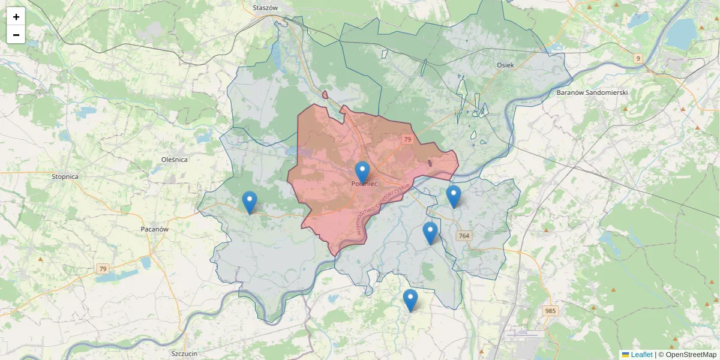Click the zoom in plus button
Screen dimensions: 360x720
(16, 17)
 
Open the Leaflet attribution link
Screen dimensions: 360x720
(641, 355)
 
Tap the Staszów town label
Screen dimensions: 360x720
(266, 8)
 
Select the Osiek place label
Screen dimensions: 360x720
(505, 65)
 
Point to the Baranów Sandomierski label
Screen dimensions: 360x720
(592, 92)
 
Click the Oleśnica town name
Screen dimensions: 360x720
(175, 160)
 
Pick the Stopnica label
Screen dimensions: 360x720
(65, 177)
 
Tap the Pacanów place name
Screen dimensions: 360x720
(154, 229)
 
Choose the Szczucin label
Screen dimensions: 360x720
(184, 353)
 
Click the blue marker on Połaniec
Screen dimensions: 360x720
(362, 173)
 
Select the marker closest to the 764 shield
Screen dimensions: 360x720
(430, 233)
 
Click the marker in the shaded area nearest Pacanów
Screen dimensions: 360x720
(249, 203)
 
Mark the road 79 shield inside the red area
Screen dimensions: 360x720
(407, 139)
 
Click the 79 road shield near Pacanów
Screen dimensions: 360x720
(103, 269)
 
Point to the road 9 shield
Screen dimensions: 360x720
(638, 58)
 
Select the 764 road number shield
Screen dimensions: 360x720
(463, 236)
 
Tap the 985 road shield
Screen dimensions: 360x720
(550, 311)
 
